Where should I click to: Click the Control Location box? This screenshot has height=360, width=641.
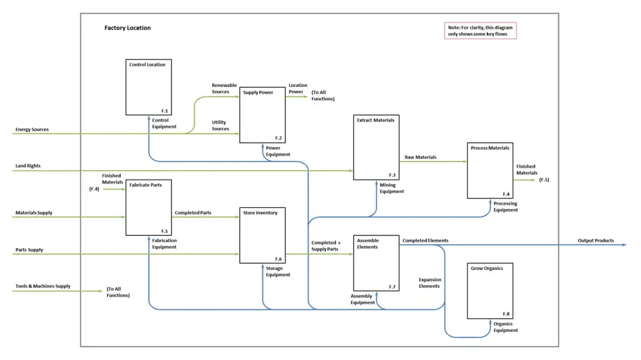(148, 87)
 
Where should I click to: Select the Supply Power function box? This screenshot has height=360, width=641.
(262, 115)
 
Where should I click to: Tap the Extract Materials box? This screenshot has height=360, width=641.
(376, 147)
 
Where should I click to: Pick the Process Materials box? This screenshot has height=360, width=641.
(490, 170)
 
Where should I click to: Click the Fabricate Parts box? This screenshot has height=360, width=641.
(148, 207)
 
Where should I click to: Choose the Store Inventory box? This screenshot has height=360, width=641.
(262, 235)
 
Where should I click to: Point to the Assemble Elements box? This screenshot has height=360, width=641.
(376, 262)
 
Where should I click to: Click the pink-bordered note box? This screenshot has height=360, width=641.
(480, 31)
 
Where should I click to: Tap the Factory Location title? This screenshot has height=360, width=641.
(128, 28)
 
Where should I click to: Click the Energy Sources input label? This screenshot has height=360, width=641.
(32, 130)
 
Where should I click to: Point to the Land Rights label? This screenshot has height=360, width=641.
(28, 166)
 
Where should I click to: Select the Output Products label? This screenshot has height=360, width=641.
(595, 240)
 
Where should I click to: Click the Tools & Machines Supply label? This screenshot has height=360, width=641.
(43, 286)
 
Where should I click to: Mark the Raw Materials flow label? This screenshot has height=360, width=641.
(421, 157)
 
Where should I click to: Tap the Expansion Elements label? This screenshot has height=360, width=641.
(429, 283)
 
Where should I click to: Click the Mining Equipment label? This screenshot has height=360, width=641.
(392, 188)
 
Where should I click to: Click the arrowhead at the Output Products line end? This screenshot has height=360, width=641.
(623, 245)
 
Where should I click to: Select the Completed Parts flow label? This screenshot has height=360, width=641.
(193, 213)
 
